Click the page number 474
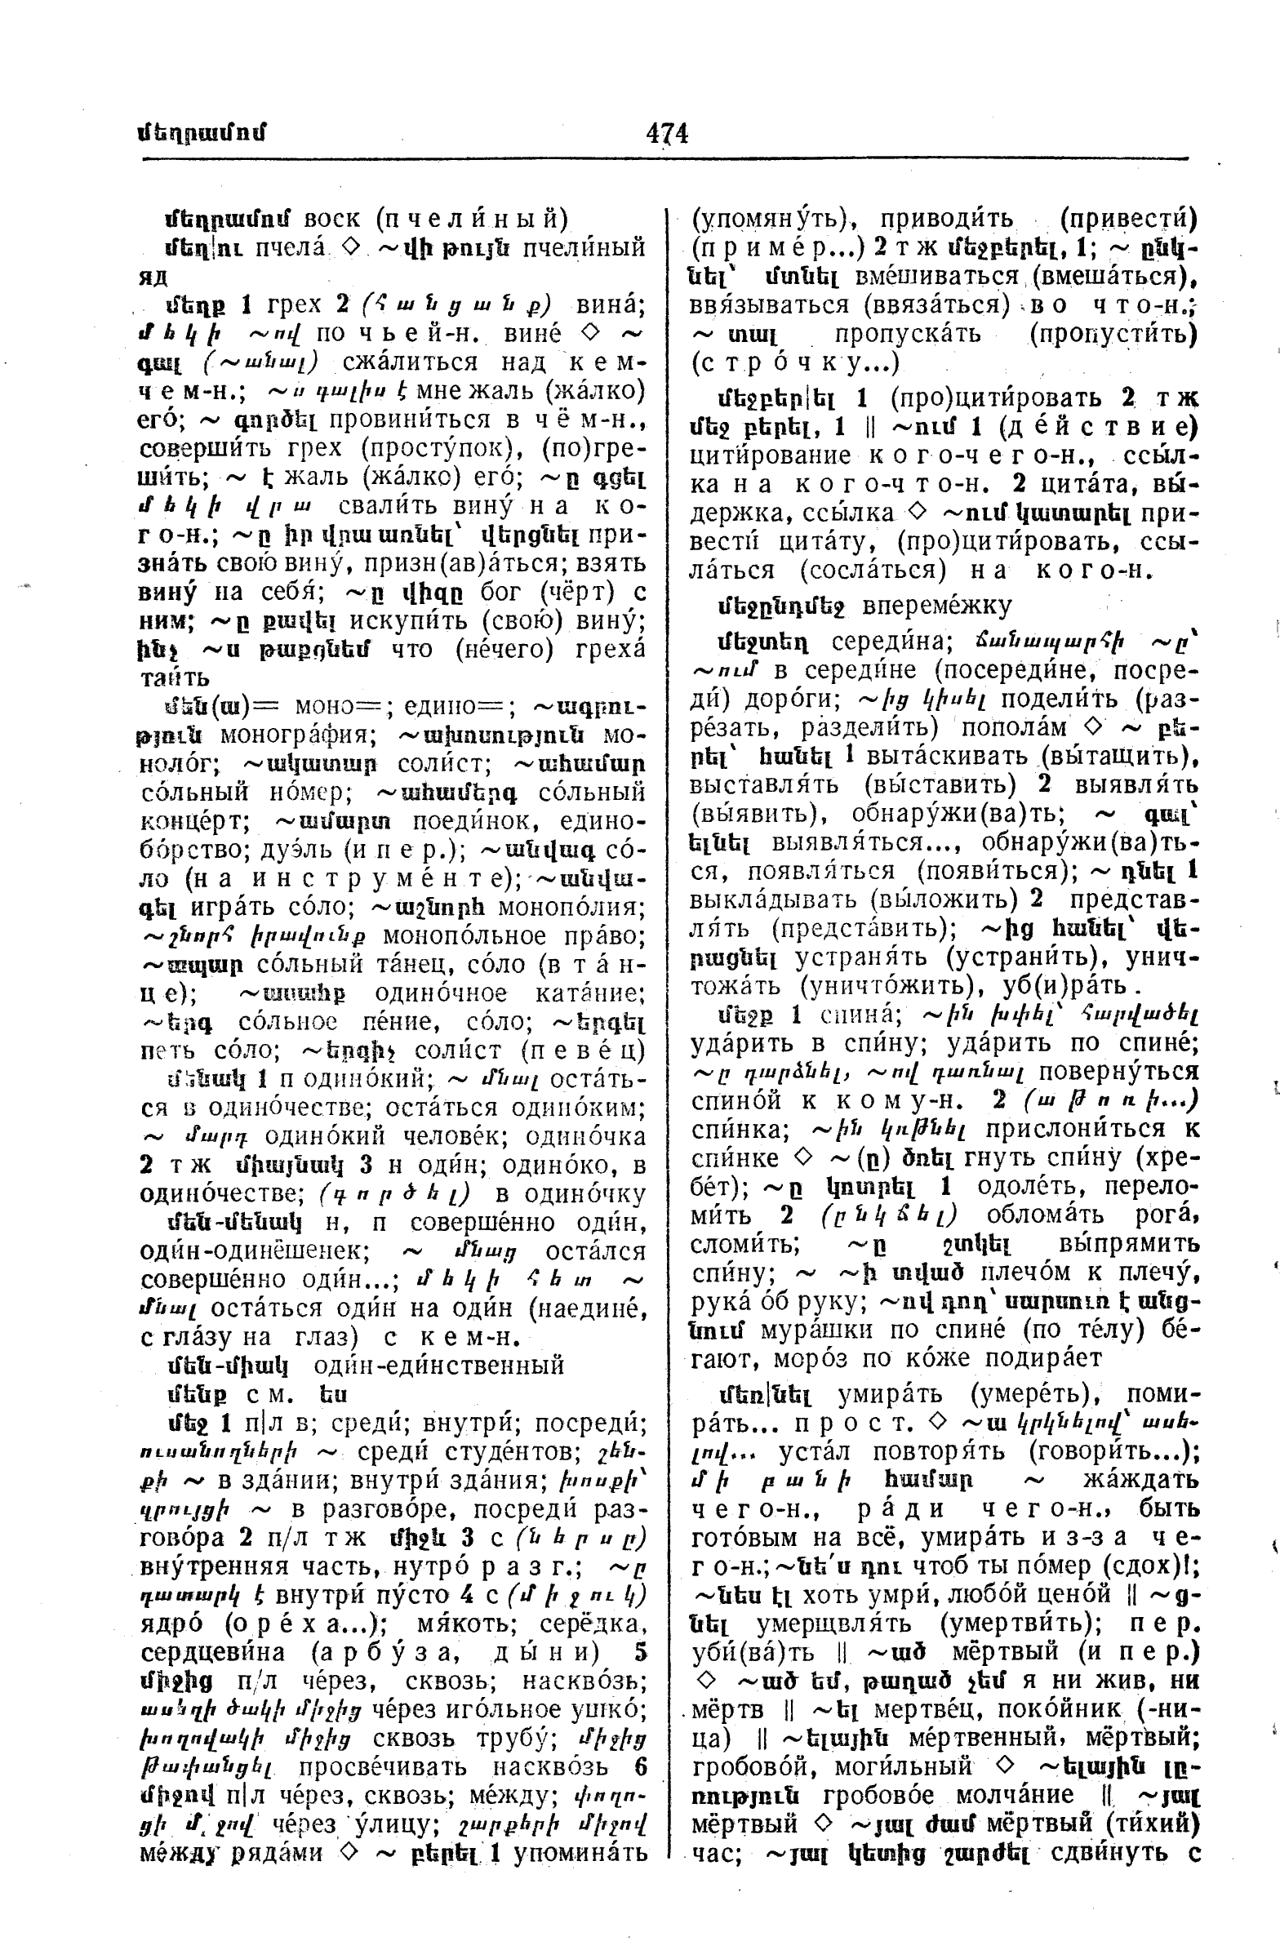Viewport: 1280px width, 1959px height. [x=667, y=132]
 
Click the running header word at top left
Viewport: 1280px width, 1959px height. [x=202, y=133]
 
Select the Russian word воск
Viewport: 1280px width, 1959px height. [x=331, y=219]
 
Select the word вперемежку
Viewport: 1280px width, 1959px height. [x=937, y=606]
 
